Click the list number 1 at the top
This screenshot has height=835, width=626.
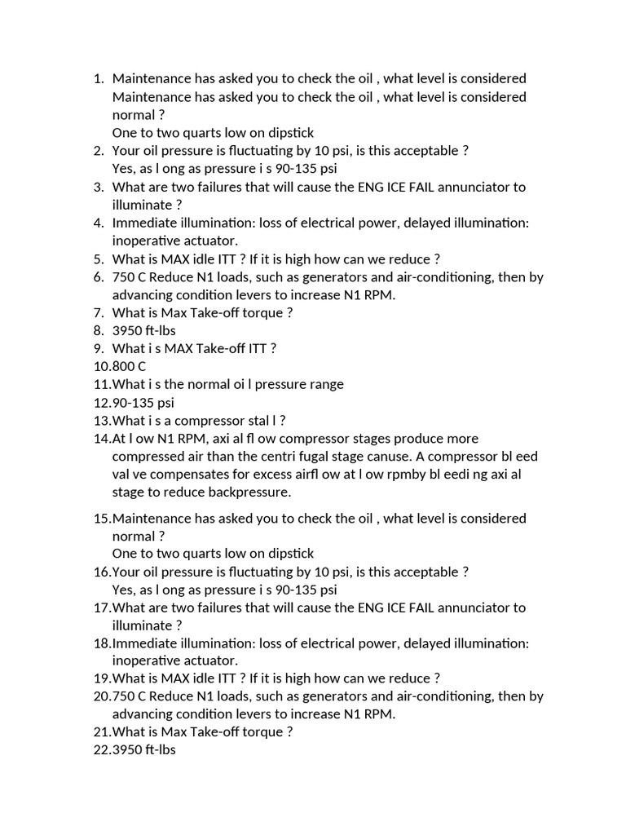(x=98, y=79)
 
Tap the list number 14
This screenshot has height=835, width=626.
(x=102, y=439)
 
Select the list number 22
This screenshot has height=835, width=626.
(x=102, y=749)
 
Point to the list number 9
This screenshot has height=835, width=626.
(x=98, y=348)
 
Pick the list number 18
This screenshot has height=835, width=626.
(x=102, y=643)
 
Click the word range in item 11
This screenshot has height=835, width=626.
(x=324, y=384)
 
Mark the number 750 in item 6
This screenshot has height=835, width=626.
(x=124, y=277)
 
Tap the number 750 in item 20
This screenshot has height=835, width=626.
(x=124, y=696)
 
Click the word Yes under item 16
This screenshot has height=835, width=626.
(x=123, y=590)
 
